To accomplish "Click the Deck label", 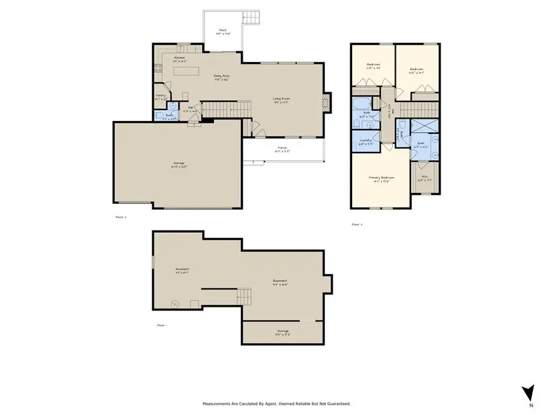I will (223, 31).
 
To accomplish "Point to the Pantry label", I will (160, 96).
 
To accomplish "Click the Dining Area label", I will (221, 77).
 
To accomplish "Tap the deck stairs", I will (251, 18).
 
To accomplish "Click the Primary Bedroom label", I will (380, 179).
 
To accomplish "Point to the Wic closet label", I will (424, 179).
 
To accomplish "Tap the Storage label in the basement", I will (282, 333).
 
